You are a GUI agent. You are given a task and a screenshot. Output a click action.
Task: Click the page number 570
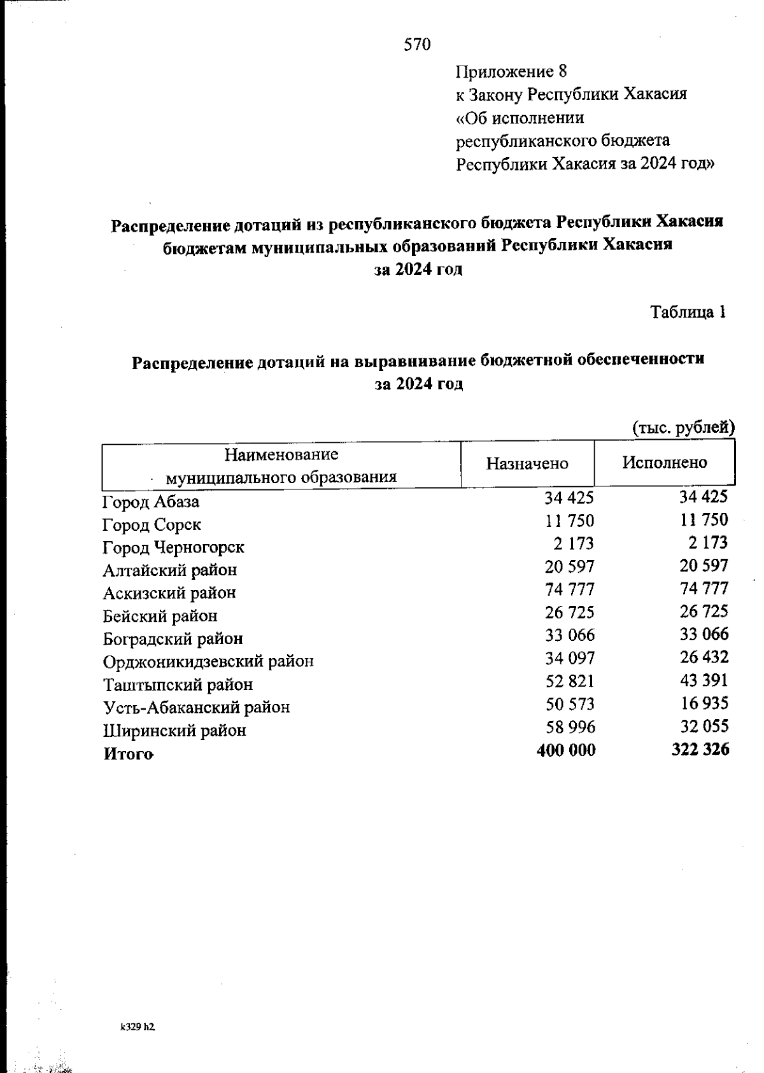point(418,45)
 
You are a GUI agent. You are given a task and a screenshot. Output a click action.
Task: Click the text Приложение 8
point(511,71)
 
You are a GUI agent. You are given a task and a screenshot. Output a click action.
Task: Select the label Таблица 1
point(688,312)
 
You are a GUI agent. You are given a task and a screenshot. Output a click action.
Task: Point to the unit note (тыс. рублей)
point(683,428)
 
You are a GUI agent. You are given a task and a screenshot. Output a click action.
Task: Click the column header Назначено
point(527,463)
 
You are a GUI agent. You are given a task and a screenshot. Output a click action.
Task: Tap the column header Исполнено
point(664,463)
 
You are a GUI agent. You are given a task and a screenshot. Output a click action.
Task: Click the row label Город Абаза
point(151,502)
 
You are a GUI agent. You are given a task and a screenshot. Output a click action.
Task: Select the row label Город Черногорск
point(173,547)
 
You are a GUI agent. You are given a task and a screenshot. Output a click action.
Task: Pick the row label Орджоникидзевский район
point(208,662)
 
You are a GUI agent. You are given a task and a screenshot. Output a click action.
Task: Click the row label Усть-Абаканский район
point(196,707)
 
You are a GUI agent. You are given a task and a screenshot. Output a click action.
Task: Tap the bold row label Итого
point(128,754)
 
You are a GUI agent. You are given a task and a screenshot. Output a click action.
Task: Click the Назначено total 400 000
point(566,750)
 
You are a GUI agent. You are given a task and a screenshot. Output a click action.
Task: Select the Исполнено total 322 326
point(700,750)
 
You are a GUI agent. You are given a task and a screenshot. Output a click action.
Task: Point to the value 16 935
point(704,703)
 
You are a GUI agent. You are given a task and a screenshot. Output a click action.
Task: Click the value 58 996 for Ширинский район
point(570,727)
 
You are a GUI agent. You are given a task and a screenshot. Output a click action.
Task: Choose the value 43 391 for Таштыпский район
point(704,680)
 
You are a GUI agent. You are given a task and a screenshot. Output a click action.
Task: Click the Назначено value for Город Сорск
point(569,521)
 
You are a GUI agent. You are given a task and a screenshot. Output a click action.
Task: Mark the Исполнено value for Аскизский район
point(704,588)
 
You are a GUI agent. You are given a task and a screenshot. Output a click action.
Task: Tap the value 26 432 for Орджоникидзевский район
point(704,657)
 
